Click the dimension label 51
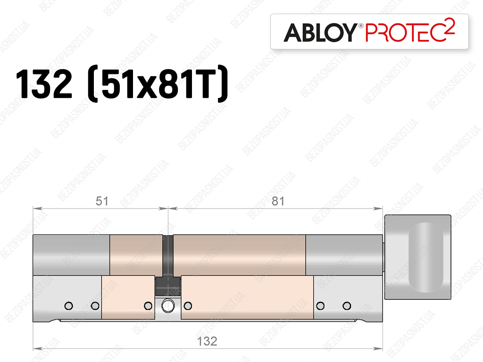102,201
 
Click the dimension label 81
278,201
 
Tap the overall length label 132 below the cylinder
207,341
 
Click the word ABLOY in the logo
320,32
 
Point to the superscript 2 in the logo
450,26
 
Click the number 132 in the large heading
44,84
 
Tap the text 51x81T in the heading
158,84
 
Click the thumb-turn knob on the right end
418,257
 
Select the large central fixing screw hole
168,306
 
